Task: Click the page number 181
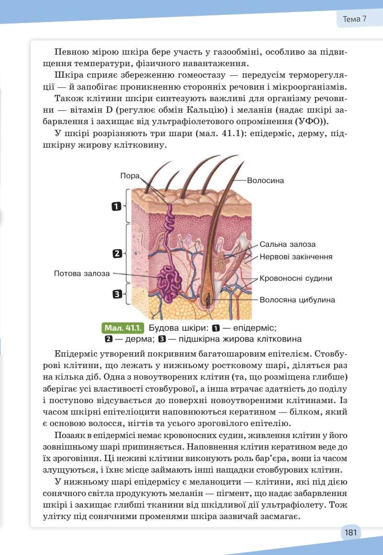point(350,532)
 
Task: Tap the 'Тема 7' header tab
point(355,19)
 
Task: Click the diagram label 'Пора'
point(130,176)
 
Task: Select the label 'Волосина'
point(266,181)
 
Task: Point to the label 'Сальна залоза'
point(288,244)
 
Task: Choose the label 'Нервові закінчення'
point(296,257)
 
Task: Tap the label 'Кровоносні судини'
point(295,278)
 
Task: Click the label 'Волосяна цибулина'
point(297,300)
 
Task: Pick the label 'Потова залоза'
point(82,274)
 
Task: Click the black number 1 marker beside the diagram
point(116,207)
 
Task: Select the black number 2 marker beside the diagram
point(116,254)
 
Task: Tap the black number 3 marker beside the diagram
point(116,294)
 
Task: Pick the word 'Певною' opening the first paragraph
point(72,51)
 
